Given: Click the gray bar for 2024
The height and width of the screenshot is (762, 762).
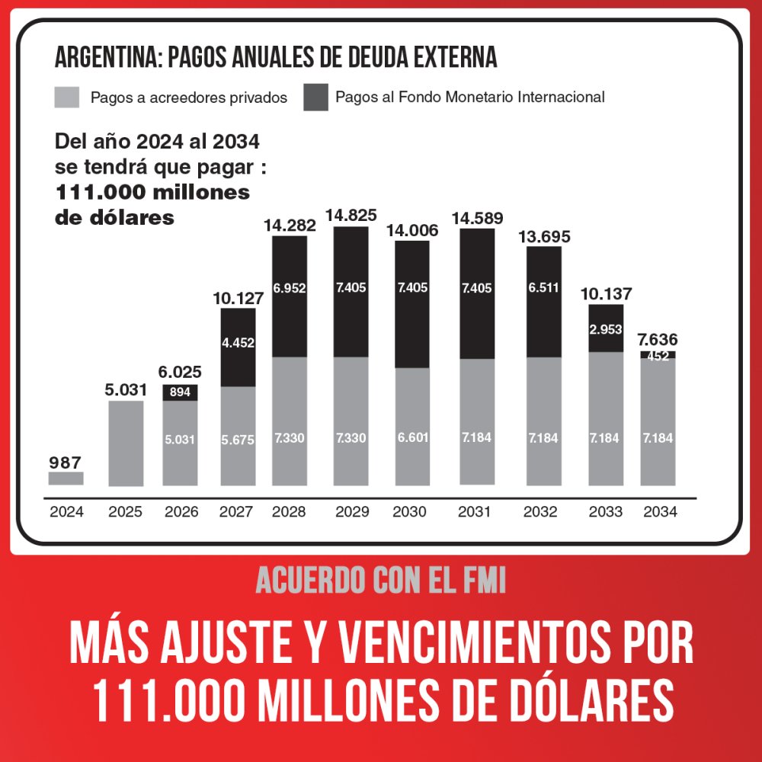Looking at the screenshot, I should (x=66, y=479).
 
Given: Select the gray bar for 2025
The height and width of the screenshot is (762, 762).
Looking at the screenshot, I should (x=126, y=443).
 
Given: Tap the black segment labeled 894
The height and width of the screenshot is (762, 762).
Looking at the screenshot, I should (x=181, y=392).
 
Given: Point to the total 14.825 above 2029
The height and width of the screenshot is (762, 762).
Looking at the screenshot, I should (x=351, y=216).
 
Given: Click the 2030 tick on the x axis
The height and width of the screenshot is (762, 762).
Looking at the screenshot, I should (x=409, y=512).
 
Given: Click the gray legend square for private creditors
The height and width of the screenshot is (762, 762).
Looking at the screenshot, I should (x=67, y=98).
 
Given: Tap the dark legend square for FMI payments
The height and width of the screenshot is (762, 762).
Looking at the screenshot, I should (x=315, y=98).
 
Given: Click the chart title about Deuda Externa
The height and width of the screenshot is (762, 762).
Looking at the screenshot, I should (x=276, y=56).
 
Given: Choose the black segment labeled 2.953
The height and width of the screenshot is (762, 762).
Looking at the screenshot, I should (x=607, y=328).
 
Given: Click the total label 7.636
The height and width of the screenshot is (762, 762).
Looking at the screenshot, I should (x=658, y=339).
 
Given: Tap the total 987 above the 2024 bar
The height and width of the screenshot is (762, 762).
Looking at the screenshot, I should (x=65, y=462).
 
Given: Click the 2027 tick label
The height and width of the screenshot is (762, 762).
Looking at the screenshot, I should (x=236, y=512).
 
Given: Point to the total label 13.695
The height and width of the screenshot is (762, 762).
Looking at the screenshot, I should (x=544, y=236).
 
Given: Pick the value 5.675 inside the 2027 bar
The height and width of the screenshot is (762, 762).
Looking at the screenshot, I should (x=239, y=439).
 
